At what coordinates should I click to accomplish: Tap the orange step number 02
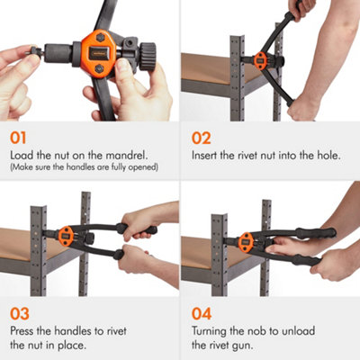(x=202, y=139)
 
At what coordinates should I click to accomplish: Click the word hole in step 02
(x=327, y=155)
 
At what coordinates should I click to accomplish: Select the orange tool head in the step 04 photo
(x=244, y=239)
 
